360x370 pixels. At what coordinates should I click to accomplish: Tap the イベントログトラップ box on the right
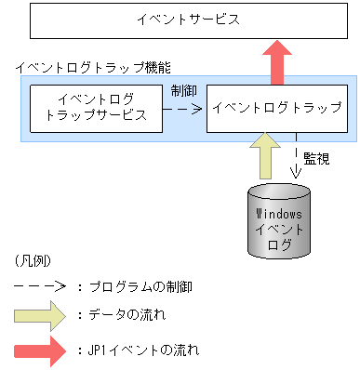tap(276, 107)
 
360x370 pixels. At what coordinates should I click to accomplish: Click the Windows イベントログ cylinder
tap(277, 223)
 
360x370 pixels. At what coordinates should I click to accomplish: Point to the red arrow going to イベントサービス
tap(276, 61)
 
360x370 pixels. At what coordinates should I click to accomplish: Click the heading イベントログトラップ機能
tap(92, 69)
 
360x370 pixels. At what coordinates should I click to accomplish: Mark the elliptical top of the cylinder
tap(277, 193)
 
